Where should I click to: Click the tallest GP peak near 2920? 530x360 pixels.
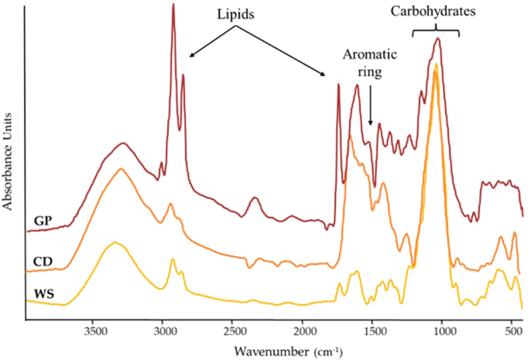click(x=173, y=5)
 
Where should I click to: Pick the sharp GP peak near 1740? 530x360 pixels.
click(x=338, y=84)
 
